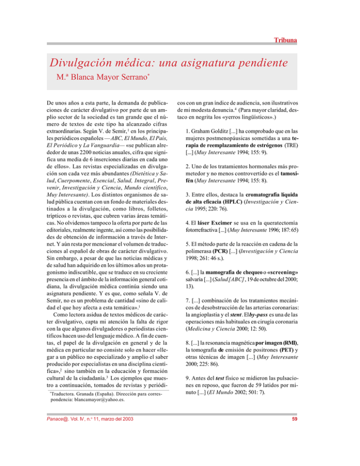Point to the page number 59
click(x=293, y=451)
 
